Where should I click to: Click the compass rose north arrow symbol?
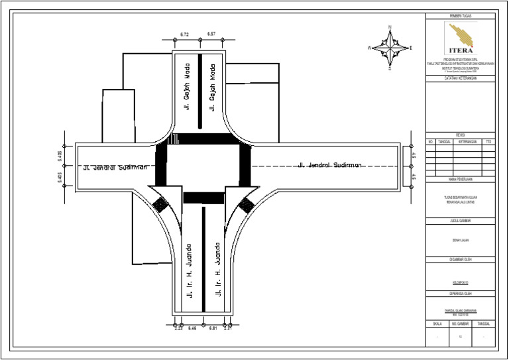point(391,47)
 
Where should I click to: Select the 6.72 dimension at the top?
point(185,34)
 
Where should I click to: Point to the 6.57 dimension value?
point(211,34)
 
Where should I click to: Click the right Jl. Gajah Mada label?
point(215,86)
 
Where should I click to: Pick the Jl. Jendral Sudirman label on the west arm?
point(114,167)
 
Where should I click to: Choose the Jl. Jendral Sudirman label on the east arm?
point(330,165)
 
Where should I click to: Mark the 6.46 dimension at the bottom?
point(192,328)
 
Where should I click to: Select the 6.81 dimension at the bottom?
point(213,328)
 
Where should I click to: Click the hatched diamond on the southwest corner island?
point(160,206)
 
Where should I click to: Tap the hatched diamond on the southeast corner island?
point(246,204)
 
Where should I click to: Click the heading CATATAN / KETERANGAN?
point(460,78)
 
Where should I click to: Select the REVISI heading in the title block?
point(460,135)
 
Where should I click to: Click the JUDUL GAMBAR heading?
point(460,219)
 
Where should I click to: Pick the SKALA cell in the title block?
point(437,323)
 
